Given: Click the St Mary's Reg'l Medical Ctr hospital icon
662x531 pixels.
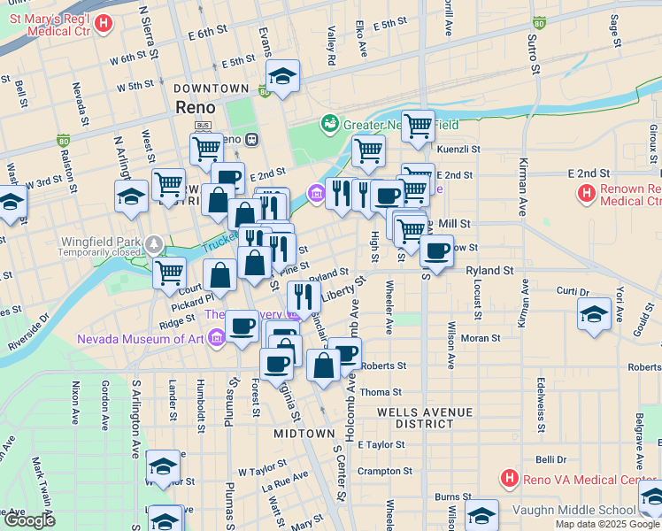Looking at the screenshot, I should [x=103, y=24].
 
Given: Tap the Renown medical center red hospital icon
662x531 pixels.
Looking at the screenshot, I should [x=585, y=192].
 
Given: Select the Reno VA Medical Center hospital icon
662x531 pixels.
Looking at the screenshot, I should [x=509, y=480].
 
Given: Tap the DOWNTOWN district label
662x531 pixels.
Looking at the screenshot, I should [x=211, y=88].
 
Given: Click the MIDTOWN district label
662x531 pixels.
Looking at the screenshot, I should [x=304, y=434].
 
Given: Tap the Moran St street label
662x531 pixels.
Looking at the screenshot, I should [x=481, y=338].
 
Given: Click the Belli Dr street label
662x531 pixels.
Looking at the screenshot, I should [x=550, y=459].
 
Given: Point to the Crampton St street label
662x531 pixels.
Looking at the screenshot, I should [x=381, y=471].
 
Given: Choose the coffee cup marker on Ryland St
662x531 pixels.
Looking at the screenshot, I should [x=436, y=250].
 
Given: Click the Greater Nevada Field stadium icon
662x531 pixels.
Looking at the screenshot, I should [x=330, y=122].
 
